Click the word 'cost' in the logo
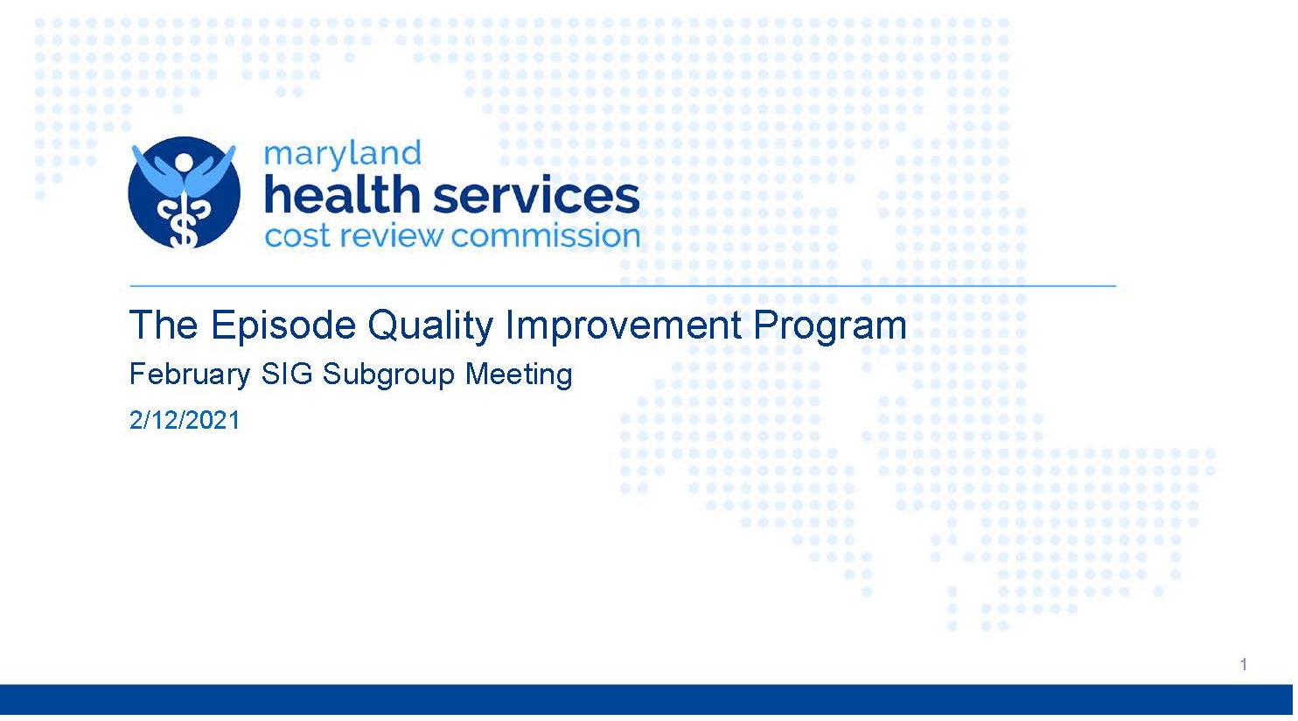297,236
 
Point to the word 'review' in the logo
391,235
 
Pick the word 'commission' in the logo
546,235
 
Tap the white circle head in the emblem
184,162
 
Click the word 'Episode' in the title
283,325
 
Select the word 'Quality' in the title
430,326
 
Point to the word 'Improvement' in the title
624,325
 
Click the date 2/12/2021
185,420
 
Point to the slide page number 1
1244,664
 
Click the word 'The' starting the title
164,325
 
